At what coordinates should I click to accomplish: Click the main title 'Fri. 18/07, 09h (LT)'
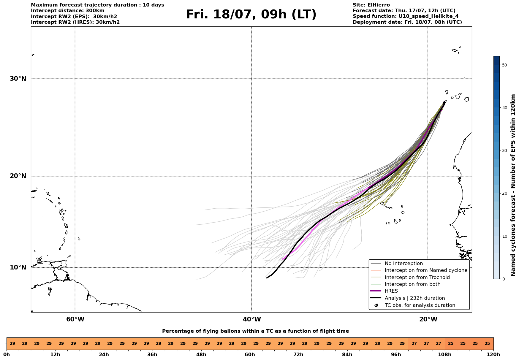pos(251,15)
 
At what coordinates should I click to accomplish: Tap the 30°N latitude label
pos(18,79)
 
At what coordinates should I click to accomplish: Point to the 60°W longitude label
pos(75,319)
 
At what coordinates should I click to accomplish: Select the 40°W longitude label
pos(252,319)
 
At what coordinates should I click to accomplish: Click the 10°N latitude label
pos(18,267)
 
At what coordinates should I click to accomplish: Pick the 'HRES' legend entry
pos(391,291)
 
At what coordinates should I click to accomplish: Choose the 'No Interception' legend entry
pos(404,264)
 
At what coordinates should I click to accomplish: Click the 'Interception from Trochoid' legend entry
pos(417,277)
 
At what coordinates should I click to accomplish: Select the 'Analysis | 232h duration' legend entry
pos(414,298)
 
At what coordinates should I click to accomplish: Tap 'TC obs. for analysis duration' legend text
pos(420,305)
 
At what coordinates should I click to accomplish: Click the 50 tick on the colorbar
pos(504,65)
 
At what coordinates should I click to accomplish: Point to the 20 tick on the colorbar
pos(504,194)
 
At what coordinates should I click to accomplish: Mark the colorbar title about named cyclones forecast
pos(513,185)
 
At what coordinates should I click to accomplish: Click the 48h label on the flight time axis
pos(201,355)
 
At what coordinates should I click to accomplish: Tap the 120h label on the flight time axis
pos(493,355)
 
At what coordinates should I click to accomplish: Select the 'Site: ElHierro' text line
pos(371,5)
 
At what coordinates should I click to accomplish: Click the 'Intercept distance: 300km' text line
pos(67,11)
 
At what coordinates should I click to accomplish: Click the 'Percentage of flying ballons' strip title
pos(255,331)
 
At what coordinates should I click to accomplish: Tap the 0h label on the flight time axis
pos(7,355)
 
